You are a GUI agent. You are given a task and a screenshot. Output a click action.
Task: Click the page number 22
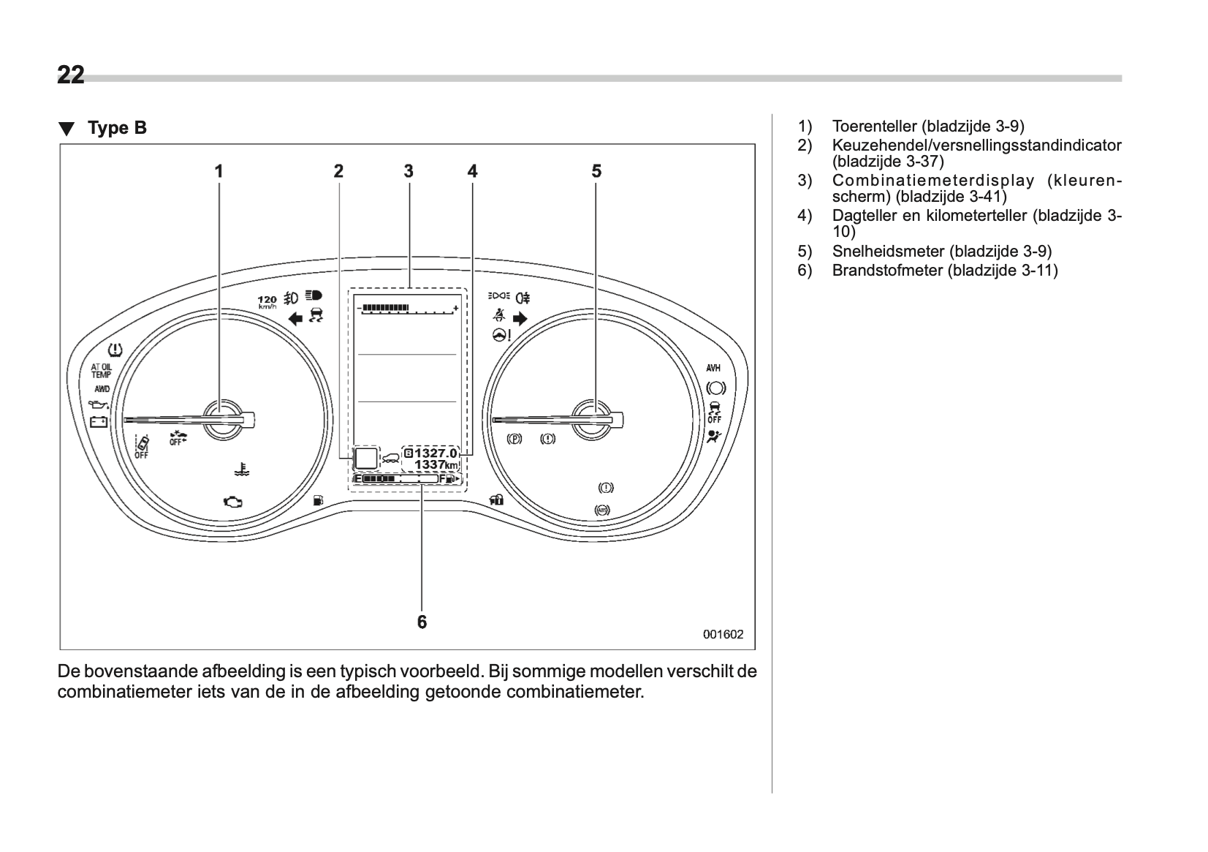click(71, 75)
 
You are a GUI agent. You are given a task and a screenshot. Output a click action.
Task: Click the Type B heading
click(117, 128)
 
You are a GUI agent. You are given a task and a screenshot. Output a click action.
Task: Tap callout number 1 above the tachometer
click(218, 171)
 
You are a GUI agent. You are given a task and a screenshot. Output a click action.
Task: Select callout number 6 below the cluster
click(422, 622)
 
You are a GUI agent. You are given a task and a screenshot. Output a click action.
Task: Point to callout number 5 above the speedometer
click(596, 171)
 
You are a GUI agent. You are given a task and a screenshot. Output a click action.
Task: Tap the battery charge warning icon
click(98, 421)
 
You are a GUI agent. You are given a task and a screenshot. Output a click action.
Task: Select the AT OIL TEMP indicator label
click(101, 372)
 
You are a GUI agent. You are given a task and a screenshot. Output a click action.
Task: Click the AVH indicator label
click(713, 368)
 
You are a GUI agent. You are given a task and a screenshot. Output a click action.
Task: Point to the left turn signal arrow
click(295, 318)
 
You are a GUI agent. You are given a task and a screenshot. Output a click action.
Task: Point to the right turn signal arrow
click(520, 318)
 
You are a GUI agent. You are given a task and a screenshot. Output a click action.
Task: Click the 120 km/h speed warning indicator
click(267, 301)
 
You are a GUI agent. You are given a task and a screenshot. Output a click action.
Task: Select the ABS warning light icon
click(602, 510)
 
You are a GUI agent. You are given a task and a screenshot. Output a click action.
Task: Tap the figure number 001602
click(723, 634)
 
